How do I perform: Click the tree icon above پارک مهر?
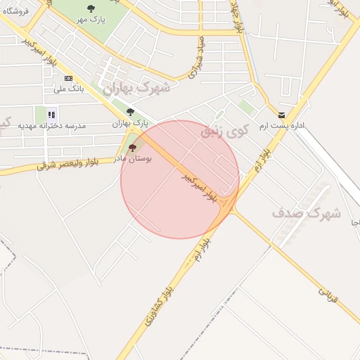coord(91,8)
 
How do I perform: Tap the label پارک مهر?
coord(91,20)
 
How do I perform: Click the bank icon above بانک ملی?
coord(68,78)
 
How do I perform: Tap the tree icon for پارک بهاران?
coord(129,112)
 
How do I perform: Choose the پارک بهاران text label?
coord(127,124)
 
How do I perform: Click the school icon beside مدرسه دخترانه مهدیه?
coord(51,114)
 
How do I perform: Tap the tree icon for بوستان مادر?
coord(133,148)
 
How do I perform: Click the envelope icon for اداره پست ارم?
coord(281,115)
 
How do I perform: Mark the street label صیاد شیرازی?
coord(196,56)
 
